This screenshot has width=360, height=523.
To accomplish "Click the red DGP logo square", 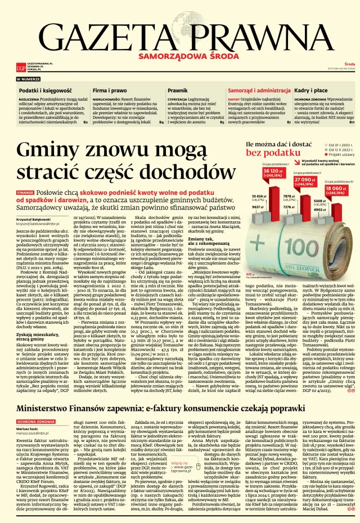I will [21, 68].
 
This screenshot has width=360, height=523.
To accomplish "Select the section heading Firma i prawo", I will [110, 90].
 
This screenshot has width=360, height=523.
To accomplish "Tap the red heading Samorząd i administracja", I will [259, 90].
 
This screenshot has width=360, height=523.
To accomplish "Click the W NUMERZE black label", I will [28, 79].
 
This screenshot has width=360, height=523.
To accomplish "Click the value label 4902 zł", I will [319, 209].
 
